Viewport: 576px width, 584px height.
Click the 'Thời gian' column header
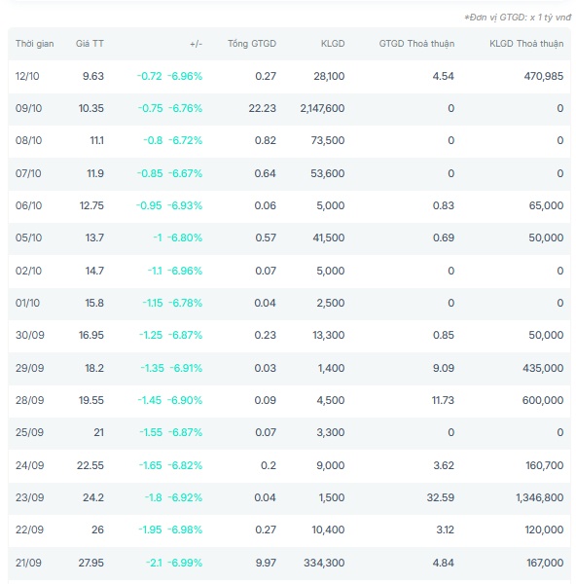35,44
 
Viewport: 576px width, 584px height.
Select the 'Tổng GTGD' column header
252,44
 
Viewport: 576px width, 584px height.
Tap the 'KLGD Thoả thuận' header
526,44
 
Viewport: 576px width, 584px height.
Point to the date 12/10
27,76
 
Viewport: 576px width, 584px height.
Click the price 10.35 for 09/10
91,108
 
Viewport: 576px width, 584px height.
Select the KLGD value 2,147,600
322,108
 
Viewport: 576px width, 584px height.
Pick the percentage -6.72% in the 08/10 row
186,140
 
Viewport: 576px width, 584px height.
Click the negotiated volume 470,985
544,76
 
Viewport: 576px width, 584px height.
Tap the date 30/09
30,335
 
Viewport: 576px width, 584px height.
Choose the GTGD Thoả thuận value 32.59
441,497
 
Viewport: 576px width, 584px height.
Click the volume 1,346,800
540,497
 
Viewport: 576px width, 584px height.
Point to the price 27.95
91,563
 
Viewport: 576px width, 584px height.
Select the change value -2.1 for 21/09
154,563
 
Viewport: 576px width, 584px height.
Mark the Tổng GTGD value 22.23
263,108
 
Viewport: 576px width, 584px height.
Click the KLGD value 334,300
324,563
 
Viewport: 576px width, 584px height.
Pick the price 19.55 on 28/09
91,400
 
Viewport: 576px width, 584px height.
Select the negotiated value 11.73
443,400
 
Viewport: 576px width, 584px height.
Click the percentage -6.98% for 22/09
185,529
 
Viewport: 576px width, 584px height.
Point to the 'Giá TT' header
90,44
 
